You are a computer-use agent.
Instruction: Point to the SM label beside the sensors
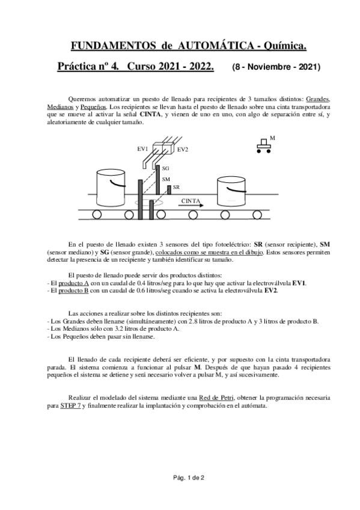click(x=166, y=179)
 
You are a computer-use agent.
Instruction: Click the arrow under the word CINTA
click(x=192, y=206)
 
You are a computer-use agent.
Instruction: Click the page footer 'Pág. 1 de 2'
click(x=180, y=478)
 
